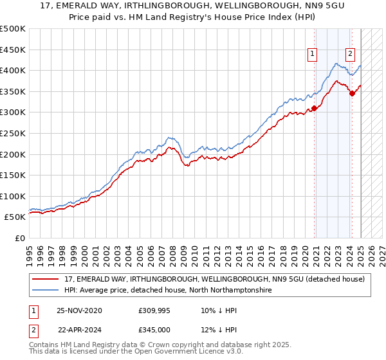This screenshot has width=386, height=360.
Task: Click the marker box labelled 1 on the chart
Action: (312, 55)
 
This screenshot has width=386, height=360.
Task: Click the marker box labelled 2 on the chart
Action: (351, 55)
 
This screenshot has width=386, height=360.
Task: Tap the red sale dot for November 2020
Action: (315, 108)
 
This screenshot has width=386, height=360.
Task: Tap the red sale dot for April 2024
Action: (353, 94)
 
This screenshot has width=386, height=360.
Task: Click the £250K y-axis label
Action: (14, 133)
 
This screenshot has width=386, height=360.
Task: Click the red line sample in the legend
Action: (46, 279)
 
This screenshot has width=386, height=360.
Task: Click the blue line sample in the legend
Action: (46, 291)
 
